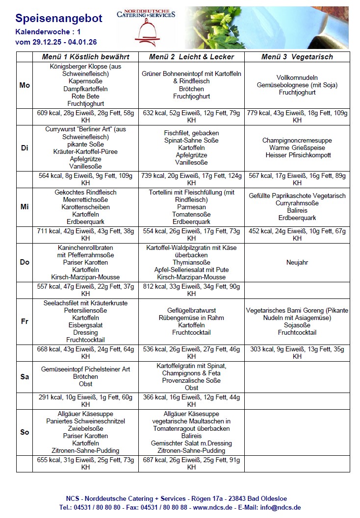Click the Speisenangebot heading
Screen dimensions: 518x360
point(59,19)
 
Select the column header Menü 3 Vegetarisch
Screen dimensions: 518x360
point(297,57)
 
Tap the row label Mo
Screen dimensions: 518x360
point(25,85)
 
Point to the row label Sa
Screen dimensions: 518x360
point(25,377)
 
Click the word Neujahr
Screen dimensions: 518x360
point(297,263)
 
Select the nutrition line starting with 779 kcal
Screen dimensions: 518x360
point(297,114)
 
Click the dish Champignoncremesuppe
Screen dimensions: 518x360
point(297,140)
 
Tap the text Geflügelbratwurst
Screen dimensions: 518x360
point(191,311)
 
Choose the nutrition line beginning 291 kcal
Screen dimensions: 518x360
point(85,397)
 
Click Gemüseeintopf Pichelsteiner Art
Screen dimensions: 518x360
point(85,370)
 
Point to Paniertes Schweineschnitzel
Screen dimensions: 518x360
point(85,421)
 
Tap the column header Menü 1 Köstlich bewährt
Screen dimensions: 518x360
point(85,57)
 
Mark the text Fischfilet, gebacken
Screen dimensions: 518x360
point(191,133)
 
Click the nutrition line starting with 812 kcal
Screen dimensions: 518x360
point(191,287)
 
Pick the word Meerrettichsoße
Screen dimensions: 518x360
point(85,200)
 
